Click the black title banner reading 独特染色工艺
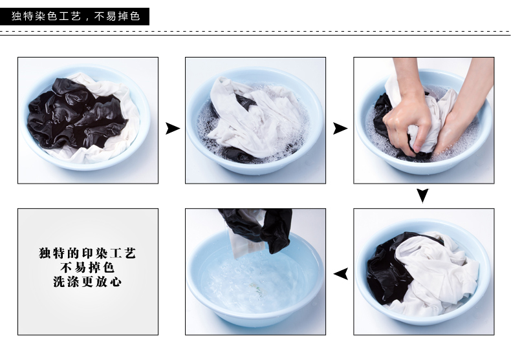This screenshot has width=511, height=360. click(x=74, y=16)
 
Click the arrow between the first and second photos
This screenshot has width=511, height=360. click(x=173, y=128)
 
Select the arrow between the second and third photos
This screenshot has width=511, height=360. click(x=340, y=128)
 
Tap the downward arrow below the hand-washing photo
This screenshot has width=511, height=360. click(x=422, y=196)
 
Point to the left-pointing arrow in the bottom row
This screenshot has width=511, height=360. click(x=341, y=274)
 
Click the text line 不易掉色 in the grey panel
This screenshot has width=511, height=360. click(x=87, y=268)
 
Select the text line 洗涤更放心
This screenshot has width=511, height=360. click(x=87, y=282)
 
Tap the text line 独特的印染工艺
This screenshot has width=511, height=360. click(x=87, y=253)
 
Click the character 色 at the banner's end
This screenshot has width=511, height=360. click(x=135, y=16)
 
